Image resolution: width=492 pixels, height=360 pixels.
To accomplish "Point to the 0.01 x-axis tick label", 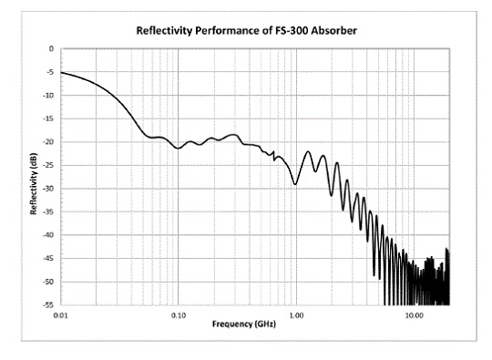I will pyautogui.click(x=61, y=314).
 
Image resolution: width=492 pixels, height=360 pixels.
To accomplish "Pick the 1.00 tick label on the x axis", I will pyautogui.click(x=296, y=314).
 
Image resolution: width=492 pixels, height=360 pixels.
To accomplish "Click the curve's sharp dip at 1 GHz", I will pyautogui.click(x=295, y=184).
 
